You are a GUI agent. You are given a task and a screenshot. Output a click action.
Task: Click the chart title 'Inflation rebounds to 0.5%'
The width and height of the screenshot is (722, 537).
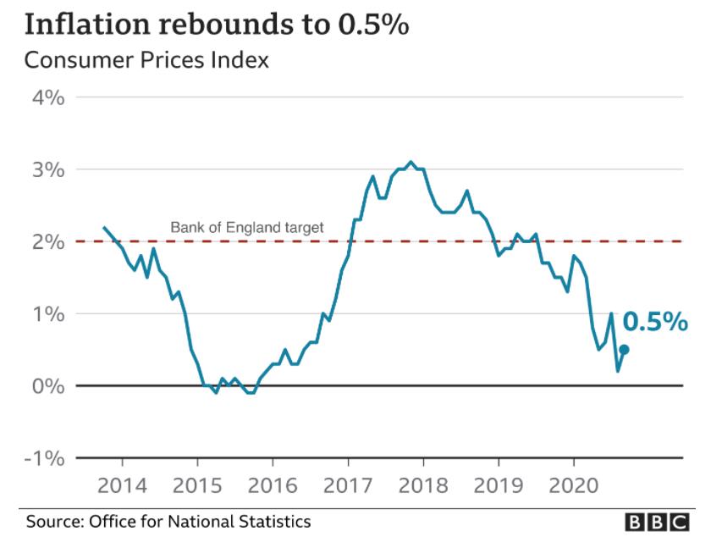217,25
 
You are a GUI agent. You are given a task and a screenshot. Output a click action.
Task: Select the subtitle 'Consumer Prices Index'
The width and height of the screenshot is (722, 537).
146,61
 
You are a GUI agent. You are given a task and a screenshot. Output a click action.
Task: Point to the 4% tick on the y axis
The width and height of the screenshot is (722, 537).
49,97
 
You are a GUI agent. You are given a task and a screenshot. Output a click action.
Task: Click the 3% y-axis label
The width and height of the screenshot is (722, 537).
49,169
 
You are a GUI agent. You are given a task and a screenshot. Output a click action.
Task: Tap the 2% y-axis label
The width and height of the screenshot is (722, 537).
49,241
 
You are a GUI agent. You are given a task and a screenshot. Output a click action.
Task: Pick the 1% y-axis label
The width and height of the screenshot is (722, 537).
49,313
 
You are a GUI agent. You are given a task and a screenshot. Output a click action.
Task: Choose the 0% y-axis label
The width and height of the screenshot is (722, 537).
49,386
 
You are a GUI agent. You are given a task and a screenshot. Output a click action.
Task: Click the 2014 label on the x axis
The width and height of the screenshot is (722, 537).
123,486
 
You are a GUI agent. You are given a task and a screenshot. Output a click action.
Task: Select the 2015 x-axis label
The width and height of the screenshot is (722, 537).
198,486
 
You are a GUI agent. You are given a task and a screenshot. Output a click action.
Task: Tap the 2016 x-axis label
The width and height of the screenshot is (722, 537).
273,486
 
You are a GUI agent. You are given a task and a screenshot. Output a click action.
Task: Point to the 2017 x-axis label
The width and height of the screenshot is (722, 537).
348,486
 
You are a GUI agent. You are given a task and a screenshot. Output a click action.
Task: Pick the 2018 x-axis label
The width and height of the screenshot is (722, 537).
423,486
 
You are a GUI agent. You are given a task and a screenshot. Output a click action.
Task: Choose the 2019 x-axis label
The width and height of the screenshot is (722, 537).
499,486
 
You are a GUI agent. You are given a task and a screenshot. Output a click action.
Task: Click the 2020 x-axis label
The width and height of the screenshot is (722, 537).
574,486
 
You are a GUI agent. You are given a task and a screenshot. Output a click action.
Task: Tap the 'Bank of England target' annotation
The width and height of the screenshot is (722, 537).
247,227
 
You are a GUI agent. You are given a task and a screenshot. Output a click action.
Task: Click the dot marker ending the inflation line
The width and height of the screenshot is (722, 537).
624,349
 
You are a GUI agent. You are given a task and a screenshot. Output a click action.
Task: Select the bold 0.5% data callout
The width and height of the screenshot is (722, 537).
655,323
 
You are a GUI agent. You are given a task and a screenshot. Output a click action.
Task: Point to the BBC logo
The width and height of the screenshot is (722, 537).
657,522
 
